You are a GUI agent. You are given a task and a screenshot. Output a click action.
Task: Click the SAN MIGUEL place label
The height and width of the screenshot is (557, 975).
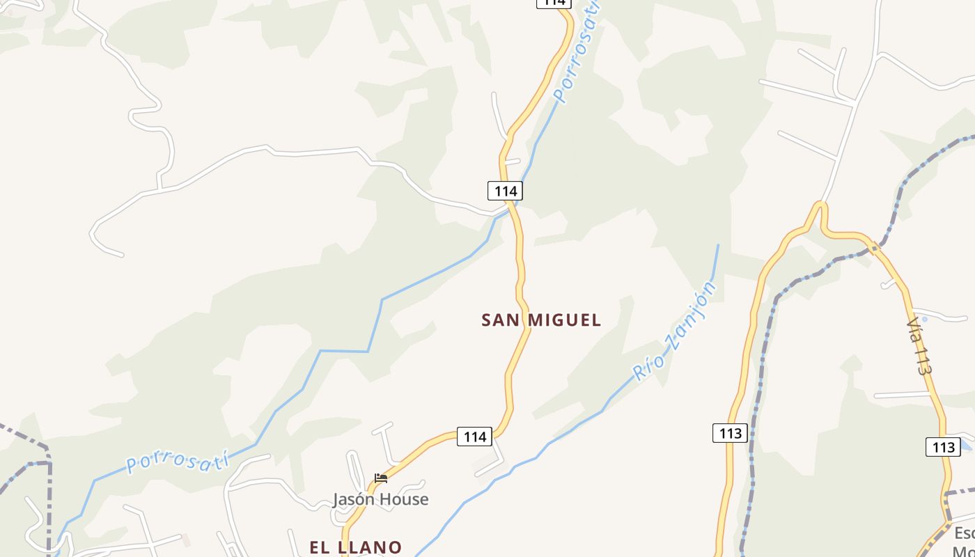pyautogui.click(x=541, y=320)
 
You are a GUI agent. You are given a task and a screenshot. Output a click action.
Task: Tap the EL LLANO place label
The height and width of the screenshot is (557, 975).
pyautogui.click(x=355, y=547)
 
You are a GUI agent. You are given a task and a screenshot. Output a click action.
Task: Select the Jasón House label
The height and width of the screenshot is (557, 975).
pyautogui.click(x=380, y=499)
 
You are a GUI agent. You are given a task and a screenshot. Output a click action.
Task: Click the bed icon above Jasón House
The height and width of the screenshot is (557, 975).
pyautogui.click(x=380, y=478)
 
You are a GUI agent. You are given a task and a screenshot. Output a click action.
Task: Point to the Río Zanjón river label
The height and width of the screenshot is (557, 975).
pyautogui.click(x=674, y=331)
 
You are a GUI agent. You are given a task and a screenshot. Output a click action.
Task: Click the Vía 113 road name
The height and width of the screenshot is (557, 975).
pyautogui.click(x=919, y=347)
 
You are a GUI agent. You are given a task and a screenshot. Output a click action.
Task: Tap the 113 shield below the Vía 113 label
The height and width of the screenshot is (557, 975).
pyautogui.click(x=943, y=446)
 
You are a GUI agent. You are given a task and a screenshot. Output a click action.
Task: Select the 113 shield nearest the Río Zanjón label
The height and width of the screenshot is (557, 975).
pyautogui.click(x=730, y=433)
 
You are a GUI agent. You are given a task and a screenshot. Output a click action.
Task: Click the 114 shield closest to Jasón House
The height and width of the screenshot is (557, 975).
pyautogui.click(x=474, y=437)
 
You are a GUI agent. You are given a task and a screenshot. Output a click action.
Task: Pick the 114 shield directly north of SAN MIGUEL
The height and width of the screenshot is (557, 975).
pyautogui.click(x=504, y=190)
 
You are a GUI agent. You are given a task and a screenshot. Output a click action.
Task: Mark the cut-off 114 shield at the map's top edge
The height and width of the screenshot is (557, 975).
pyautogui.click(x=553, y=3)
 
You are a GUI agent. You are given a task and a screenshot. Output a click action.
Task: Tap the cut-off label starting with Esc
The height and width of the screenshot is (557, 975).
pyautogui.click(x=964, y=540)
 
